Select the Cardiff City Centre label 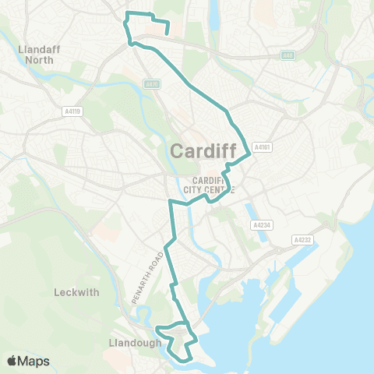(x=208, y=185)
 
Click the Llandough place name (x=136, y=341)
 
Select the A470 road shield (x=151, y=83)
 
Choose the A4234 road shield (x=260, y=224)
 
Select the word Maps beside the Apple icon (x=34, y=361)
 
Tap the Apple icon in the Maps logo (x=12, y=360)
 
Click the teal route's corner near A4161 (x=249, y=153)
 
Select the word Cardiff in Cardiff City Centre (x=204, y=180)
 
